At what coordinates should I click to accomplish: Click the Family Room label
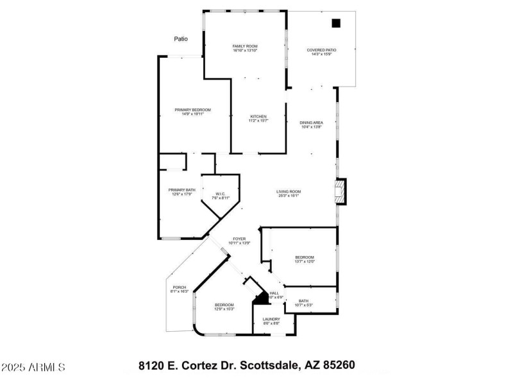point(244,48)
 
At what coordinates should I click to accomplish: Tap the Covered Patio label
point(321,51)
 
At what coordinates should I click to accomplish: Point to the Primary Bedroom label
point(192,112)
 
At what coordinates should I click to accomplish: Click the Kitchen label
point(258,118)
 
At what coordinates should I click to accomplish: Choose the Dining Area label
point(311,124)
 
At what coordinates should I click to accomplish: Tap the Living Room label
point(289,193)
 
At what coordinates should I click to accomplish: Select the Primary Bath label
point(181,192)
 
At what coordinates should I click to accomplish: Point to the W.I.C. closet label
point(220,196)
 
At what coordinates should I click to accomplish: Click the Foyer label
point(239,241)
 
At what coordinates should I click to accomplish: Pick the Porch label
point(179,289)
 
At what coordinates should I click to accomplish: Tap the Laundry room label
point(271,321)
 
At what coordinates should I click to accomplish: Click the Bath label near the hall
point(303,303)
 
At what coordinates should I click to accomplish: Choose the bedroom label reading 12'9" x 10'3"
point(224,307)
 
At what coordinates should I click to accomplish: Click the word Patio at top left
point(181,39)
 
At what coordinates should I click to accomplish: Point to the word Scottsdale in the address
point(269,365)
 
